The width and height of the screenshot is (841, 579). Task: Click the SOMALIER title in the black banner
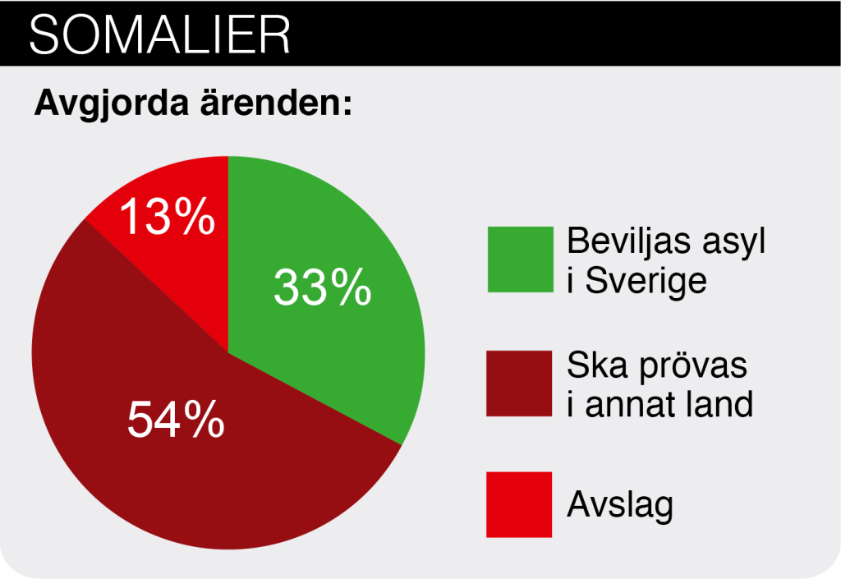tap(160, 34)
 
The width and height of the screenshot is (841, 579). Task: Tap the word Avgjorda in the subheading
tap(112, 103)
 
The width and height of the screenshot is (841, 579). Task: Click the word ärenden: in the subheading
tap(276, 102)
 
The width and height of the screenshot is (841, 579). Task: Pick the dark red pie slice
tap(188, 429)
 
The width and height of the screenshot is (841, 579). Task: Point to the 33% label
tap(322, 287)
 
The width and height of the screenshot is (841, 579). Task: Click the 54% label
tap(176, 419)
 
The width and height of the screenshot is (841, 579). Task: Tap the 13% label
tap(168, 216)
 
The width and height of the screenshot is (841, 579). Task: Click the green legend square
tap(520, 260)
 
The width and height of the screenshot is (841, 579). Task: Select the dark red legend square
tap(519, 384)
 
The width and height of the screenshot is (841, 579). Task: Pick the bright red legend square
tap(519, 504)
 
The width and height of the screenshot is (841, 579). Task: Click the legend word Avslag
tap(620, 505)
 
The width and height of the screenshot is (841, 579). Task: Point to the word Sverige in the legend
tap(646, 281)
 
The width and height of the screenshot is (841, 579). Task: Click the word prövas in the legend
tap(693, 367)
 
